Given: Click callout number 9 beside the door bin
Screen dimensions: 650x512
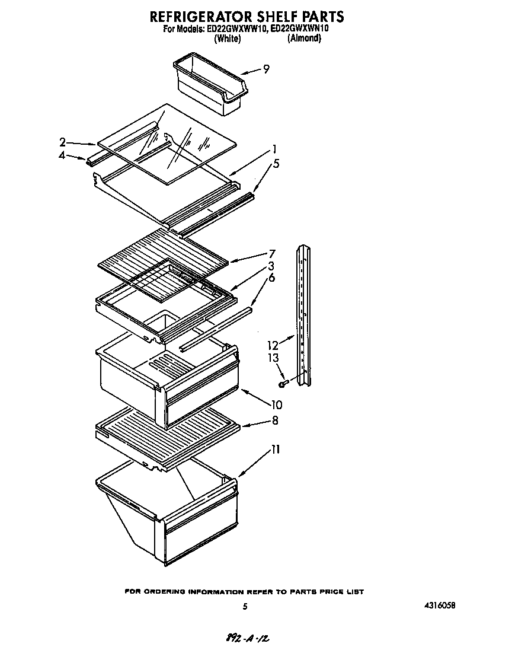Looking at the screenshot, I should [266, 69].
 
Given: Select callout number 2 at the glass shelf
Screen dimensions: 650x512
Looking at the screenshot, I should [62, 142].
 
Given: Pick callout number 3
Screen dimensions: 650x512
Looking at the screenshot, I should [271, 266].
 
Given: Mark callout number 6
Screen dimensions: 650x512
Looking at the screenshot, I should [271, 278].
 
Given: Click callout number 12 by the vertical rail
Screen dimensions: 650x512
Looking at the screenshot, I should [273, 345].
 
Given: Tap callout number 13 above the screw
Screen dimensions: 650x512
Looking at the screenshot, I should [273, 358].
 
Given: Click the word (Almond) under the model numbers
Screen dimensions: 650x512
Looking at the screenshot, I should [304, 38].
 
